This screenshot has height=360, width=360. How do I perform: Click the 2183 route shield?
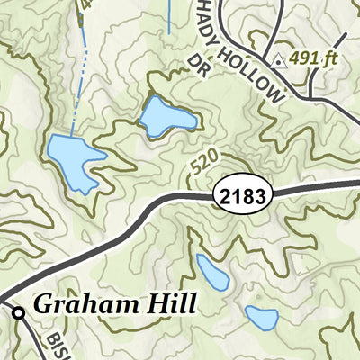click(x=241, y=193)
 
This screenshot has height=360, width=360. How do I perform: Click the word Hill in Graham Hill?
click(x=172, y=305)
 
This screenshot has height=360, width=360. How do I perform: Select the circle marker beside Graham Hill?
click(x=18, y=312)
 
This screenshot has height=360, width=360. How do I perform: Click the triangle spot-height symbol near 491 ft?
click(x=280, y=61)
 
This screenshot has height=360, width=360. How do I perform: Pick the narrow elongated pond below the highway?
click(x=212, y=272)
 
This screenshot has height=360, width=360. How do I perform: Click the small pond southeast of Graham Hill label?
click(x=261, y=318)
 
